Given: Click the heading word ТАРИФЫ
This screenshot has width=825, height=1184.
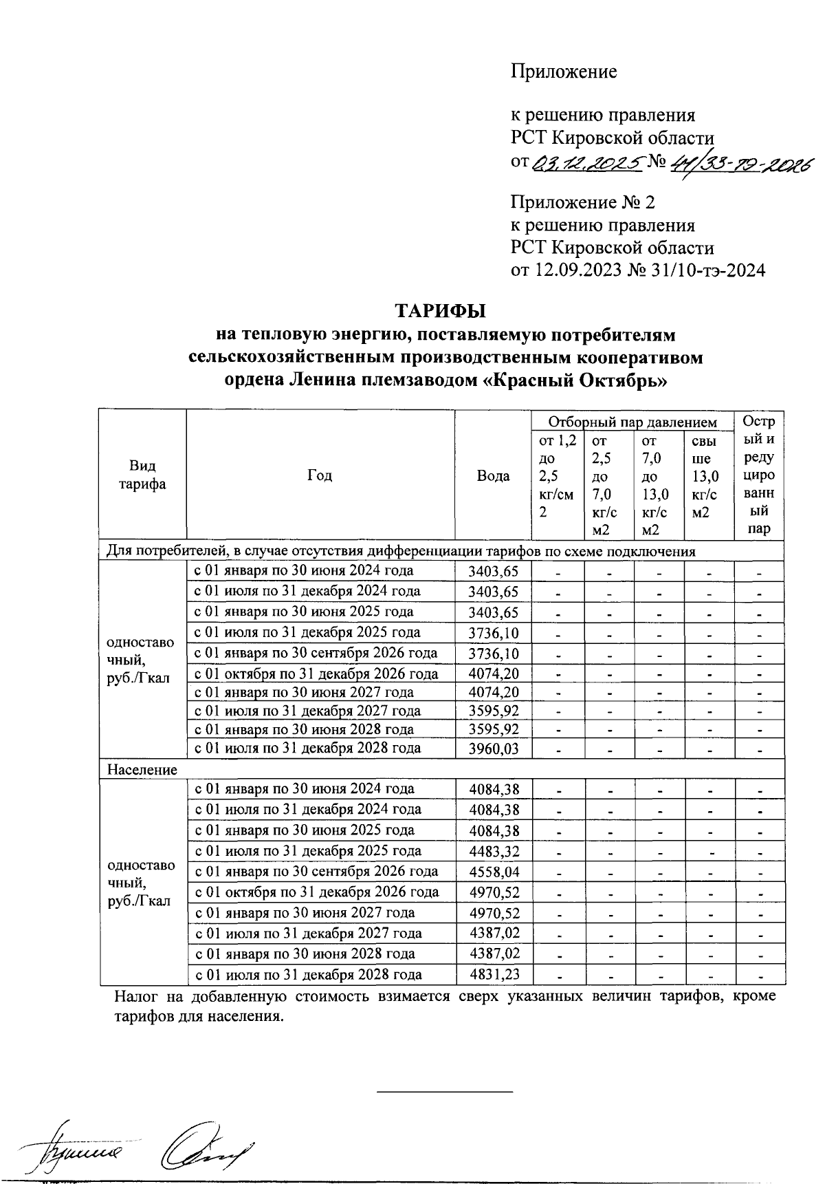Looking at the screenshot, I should (440, 311).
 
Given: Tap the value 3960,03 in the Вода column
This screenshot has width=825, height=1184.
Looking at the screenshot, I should (493, 749).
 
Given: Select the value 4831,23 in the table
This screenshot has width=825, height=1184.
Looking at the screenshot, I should (494, 975).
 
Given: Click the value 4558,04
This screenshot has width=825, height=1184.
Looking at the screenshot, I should (494, 872).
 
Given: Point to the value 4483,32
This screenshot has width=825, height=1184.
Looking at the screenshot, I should (494, 851).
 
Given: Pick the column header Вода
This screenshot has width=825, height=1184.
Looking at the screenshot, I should (493, 476).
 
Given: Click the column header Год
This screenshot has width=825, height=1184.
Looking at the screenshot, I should (320, 475).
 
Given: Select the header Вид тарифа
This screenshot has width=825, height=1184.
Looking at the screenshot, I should (142, 475).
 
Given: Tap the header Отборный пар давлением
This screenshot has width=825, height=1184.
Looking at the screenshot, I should (632, 422).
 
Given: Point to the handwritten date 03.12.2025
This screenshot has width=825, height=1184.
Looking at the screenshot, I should (588, 163).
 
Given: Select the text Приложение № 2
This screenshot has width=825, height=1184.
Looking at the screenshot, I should (582, 203).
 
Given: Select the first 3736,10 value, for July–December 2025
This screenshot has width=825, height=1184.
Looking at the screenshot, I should (493, 634).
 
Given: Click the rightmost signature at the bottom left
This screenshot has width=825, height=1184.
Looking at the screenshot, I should (206, 1145).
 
